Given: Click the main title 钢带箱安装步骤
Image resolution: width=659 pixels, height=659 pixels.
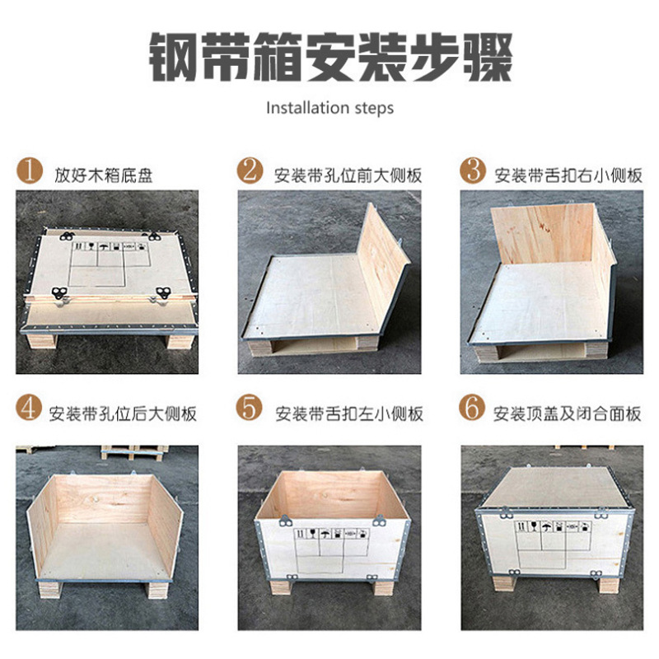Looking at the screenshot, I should tap(329, 58).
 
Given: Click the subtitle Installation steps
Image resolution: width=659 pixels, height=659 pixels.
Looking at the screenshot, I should tap(329, 108).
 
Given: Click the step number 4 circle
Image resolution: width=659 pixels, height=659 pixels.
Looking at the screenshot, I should tap(30, 409).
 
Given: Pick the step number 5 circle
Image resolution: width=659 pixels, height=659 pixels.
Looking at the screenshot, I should tap(250, 409).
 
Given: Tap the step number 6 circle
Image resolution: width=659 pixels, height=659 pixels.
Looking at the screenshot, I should tap(472, 409).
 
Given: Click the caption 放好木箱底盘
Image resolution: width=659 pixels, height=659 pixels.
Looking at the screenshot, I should tap(104, 175).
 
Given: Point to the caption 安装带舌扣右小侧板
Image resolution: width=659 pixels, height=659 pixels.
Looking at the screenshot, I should tap(568, 175).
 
